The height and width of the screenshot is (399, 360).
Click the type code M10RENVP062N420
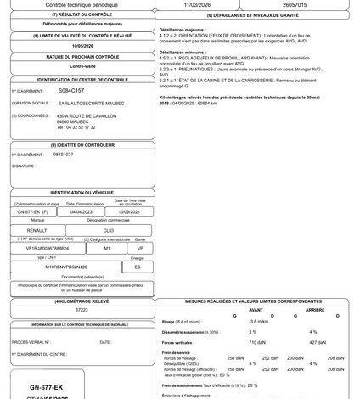55,267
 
